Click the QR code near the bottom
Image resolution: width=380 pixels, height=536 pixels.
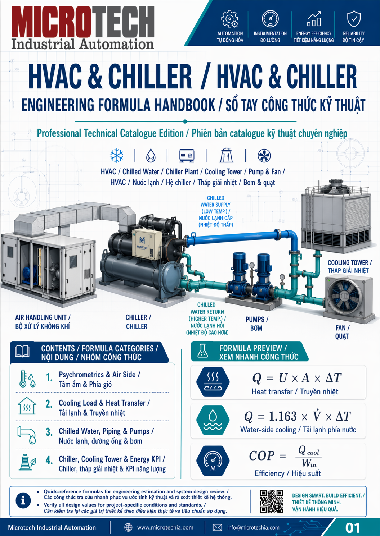(271, 501)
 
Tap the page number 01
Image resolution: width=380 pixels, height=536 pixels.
(353, 528)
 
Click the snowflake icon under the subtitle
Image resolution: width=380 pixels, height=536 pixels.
(117, 155)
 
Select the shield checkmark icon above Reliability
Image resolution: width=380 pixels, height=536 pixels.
(354, 19)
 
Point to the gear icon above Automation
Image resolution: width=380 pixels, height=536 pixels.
(230, 19)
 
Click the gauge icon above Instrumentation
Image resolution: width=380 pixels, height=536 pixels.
(270, 18)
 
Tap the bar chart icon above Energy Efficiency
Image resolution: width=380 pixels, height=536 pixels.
(314, 19)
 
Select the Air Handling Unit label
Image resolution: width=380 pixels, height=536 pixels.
(43, 322)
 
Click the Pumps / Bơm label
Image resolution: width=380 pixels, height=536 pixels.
(257, 324)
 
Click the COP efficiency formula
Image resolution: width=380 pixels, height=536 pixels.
(285, 456)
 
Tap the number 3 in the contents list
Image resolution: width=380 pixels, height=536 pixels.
(49, 432)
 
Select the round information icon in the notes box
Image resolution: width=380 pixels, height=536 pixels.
(23, 500)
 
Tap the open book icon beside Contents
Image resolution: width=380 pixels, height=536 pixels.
(22, 351)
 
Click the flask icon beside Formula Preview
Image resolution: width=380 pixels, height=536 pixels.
(202, 351)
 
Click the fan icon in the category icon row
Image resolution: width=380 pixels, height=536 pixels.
(264, 156)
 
